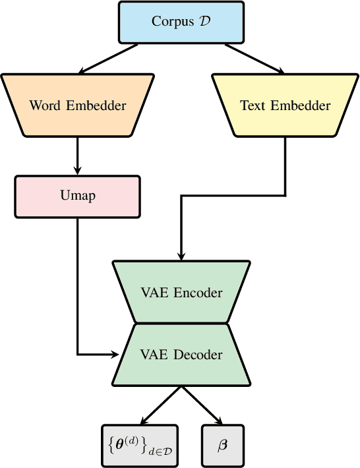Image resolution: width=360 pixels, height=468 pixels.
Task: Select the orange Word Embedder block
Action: [78, 105]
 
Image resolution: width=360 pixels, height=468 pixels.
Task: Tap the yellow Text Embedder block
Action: [285, 105]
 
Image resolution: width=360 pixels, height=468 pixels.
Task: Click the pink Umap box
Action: [78, 196]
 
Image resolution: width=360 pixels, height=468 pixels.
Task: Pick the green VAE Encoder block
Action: [181, 292]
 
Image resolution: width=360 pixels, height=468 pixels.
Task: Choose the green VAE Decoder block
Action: [181, 354]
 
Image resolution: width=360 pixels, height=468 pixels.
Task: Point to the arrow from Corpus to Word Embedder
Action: [109, 58]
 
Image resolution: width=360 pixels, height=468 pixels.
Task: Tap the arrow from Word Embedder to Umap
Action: [78, 157]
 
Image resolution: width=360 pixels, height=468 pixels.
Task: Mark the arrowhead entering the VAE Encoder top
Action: [181, 256]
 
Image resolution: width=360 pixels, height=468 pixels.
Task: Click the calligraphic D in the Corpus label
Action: [204, 21]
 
